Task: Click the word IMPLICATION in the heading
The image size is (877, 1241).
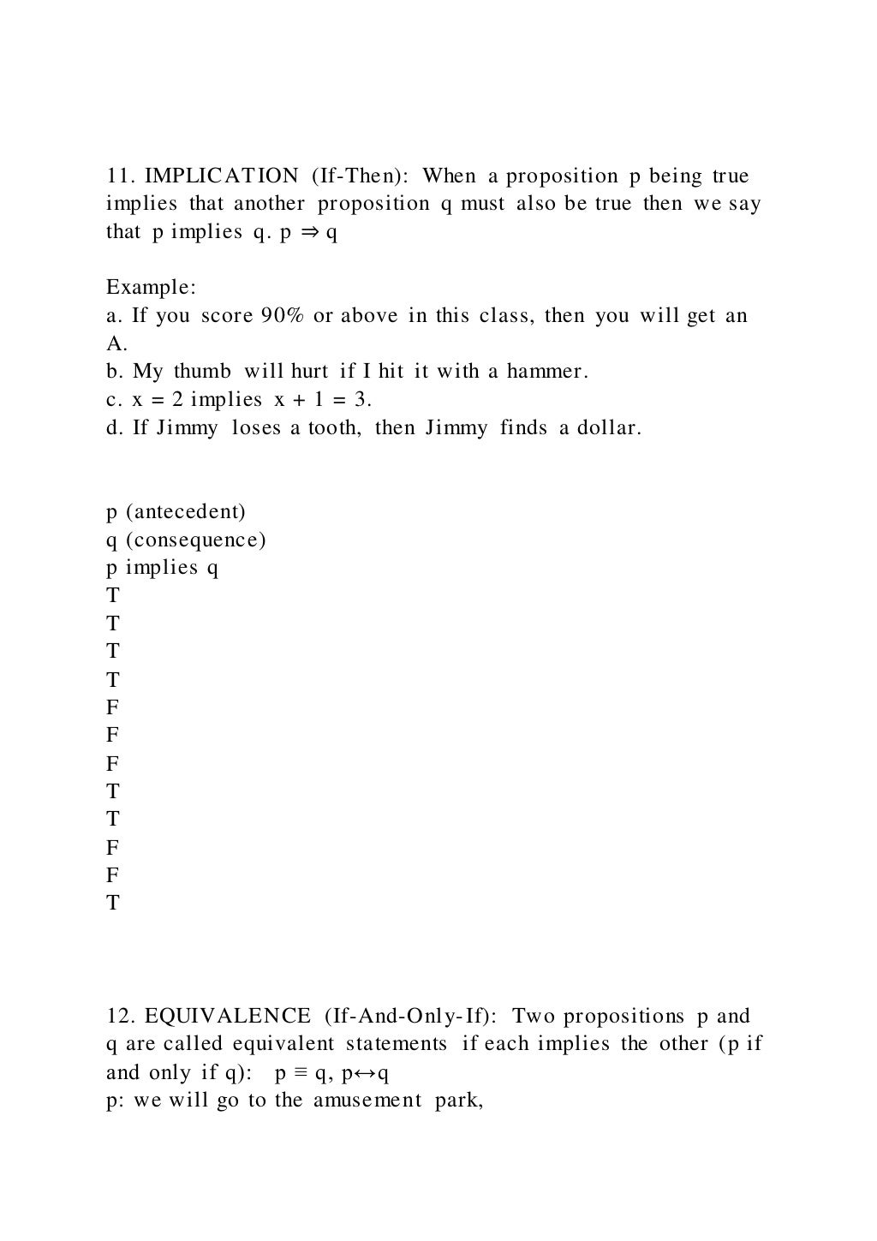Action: coord(222,176)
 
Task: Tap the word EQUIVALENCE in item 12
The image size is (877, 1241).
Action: coord(228,1017)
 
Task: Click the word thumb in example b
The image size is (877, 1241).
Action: coord(202,372)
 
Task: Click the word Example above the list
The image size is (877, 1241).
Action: coord(151,288)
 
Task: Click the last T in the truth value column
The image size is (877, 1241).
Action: coord(112,903)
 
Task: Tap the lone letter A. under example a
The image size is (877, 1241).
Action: coord(116,344)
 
